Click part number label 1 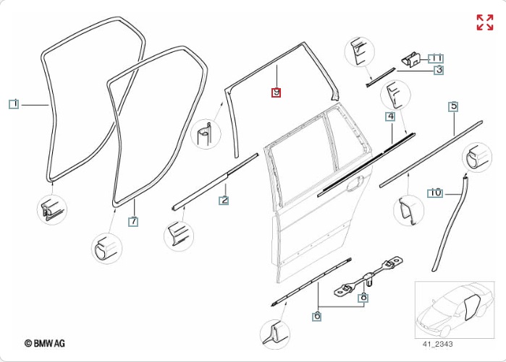(x=13, y=104)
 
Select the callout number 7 (x=133, y=222)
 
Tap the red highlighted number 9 (x=276, y=92)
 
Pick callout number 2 (x=224, y=200)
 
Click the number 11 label (x=436, y=58)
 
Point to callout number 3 (x=439, y=70)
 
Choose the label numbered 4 (x=390, y=116)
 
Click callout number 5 (x=454, y=107)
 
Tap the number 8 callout (x=363, y=297)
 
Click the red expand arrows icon (x=484, y=22)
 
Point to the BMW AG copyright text (x=45, y=343)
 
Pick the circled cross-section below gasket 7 (x=106, y=247)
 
